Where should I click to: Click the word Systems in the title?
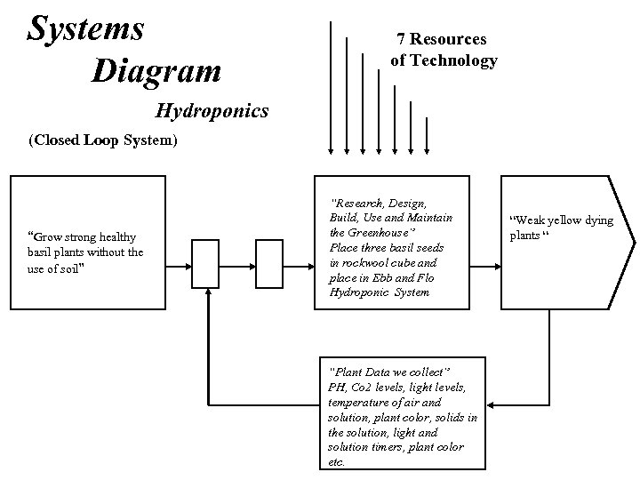click(85, 28)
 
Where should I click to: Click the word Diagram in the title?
click(156, 70)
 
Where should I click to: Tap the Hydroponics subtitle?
click(212, 111)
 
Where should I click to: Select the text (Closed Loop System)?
click(102, 140)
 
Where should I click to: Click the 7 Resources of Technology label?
click(444, 50)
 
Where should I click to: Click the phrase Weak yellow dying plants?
click(560, 228)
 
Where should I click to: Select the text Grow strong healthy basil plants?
click(82, 244)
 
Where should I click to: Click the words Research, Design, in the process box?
click(379, 203)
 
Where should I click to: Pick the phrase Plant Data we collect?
click(391, 370)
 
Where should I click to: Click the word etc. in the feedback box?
click(337, 462)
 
